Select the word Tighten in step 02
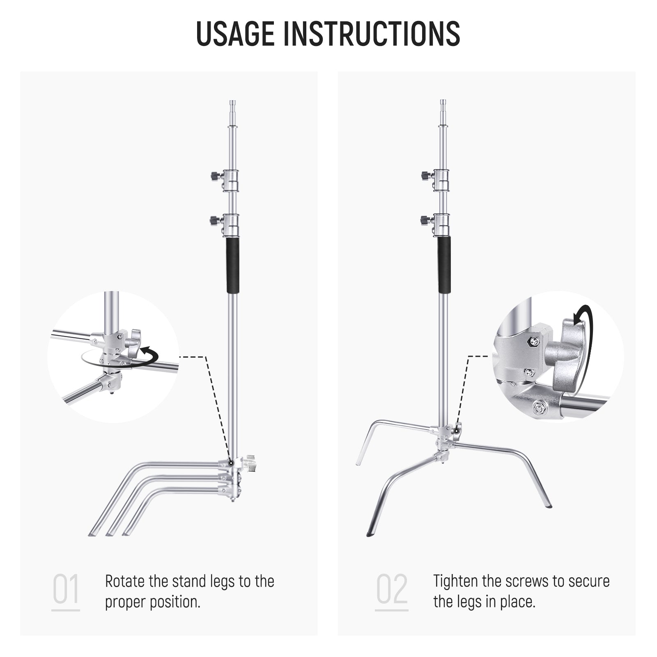(455, 581)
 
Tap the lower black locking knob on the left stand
(214, 221)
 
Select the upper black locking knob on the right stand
(426, 176)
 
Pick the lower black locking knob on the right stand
(425, 220)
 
